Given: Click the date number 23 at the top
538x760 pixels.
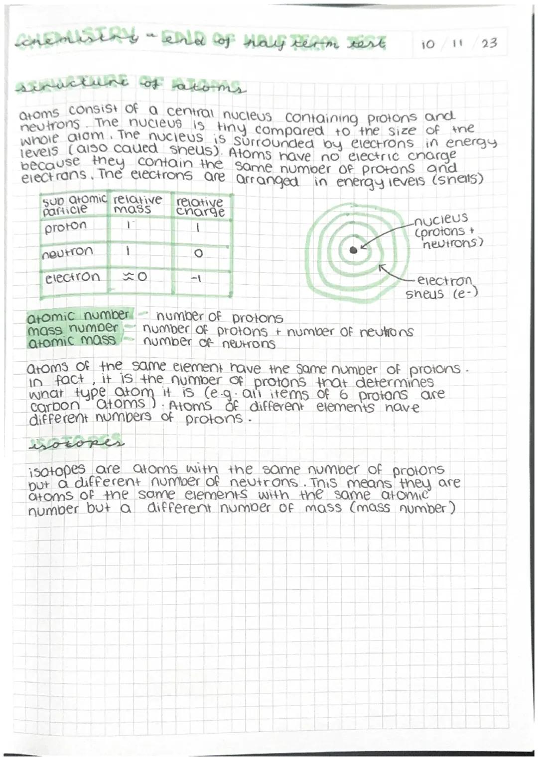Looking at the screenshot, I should click(x=489, y=43).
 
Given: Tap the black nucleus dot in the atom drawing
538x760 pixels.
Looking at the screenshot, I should click(x=353, y=250).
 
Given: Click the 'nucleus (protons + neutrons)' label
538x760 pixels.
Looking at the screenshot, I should click(x=447, y=231).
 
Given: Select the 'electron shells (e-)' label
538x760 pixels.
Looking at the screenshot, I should click(x=441, y=287).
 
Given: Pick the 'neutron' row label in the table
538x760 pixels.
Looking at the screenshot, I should click(x=68, y=252).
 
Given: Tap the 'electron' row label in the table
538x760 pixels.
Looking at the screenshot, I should click(x=72, y=277).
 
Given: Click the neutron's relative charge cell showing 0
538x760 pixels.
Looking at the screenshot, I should click(x=198, y=253).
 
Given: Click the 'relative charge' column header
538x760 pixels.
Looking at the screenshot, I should click(x=200, y=207).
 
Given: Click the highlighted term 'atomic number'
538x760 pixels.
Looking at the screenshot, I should click(x=78, y=316).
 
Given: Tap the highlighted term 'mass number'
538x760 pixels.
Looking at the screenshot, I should click(x=73, y=328).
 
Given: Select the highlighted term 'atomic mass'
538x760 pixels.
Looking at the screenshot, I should click(x=72, y=341).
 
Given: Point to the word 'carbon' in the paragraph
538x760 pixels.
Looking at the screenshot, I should click(x=54, y=406).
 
